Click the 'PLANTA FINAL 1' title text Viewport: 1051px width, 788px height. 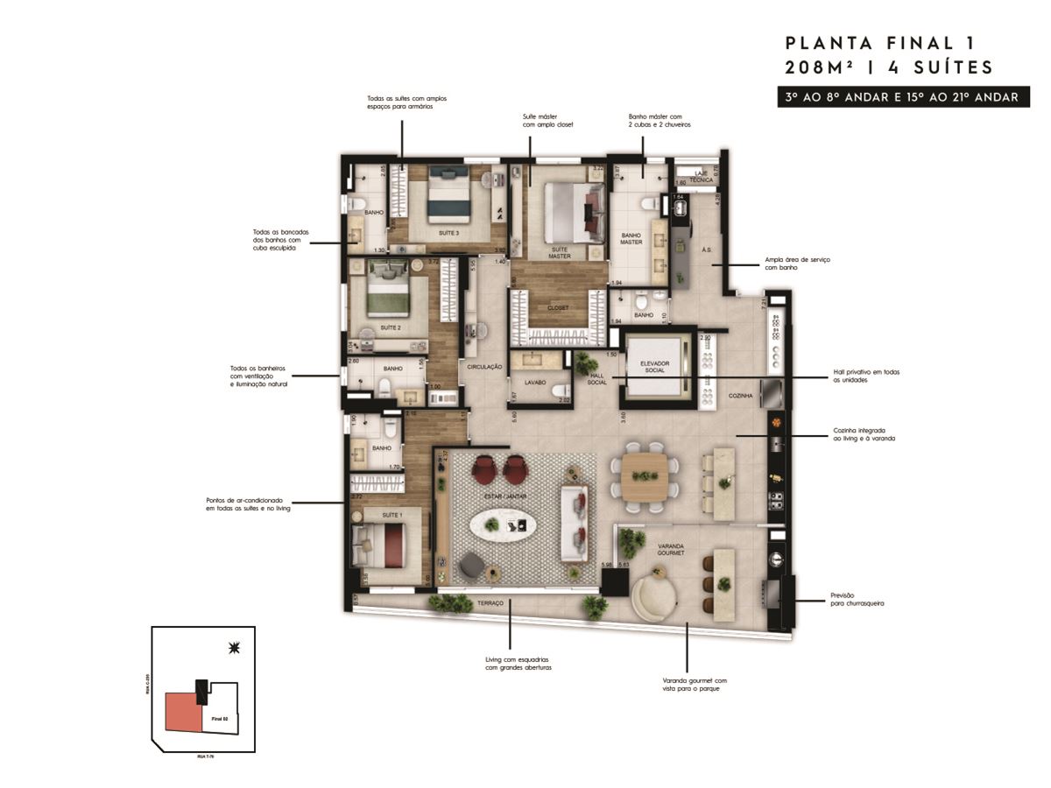click(879, 43)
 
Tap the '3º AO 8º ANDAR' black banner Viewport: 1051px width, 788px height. click(901, 97)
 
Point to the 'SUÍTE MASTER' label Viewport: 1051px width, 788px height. click(560, 253)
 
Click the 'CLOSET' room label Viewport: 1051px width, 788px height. click(558, 307)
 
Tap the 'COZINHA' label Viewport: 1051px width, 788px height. click(740, 396)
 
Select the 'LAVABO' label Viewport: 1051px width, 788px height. click(535, 383)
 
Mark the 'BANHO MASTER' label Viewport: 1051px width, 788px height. click(632, 238)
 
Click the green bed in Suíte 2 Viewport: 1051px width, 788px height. click(385, 292)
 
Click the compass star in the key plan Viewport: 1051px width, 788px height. click(233, 648)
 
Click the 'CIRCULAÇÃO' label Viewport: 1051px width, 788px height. click(484, 367)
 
